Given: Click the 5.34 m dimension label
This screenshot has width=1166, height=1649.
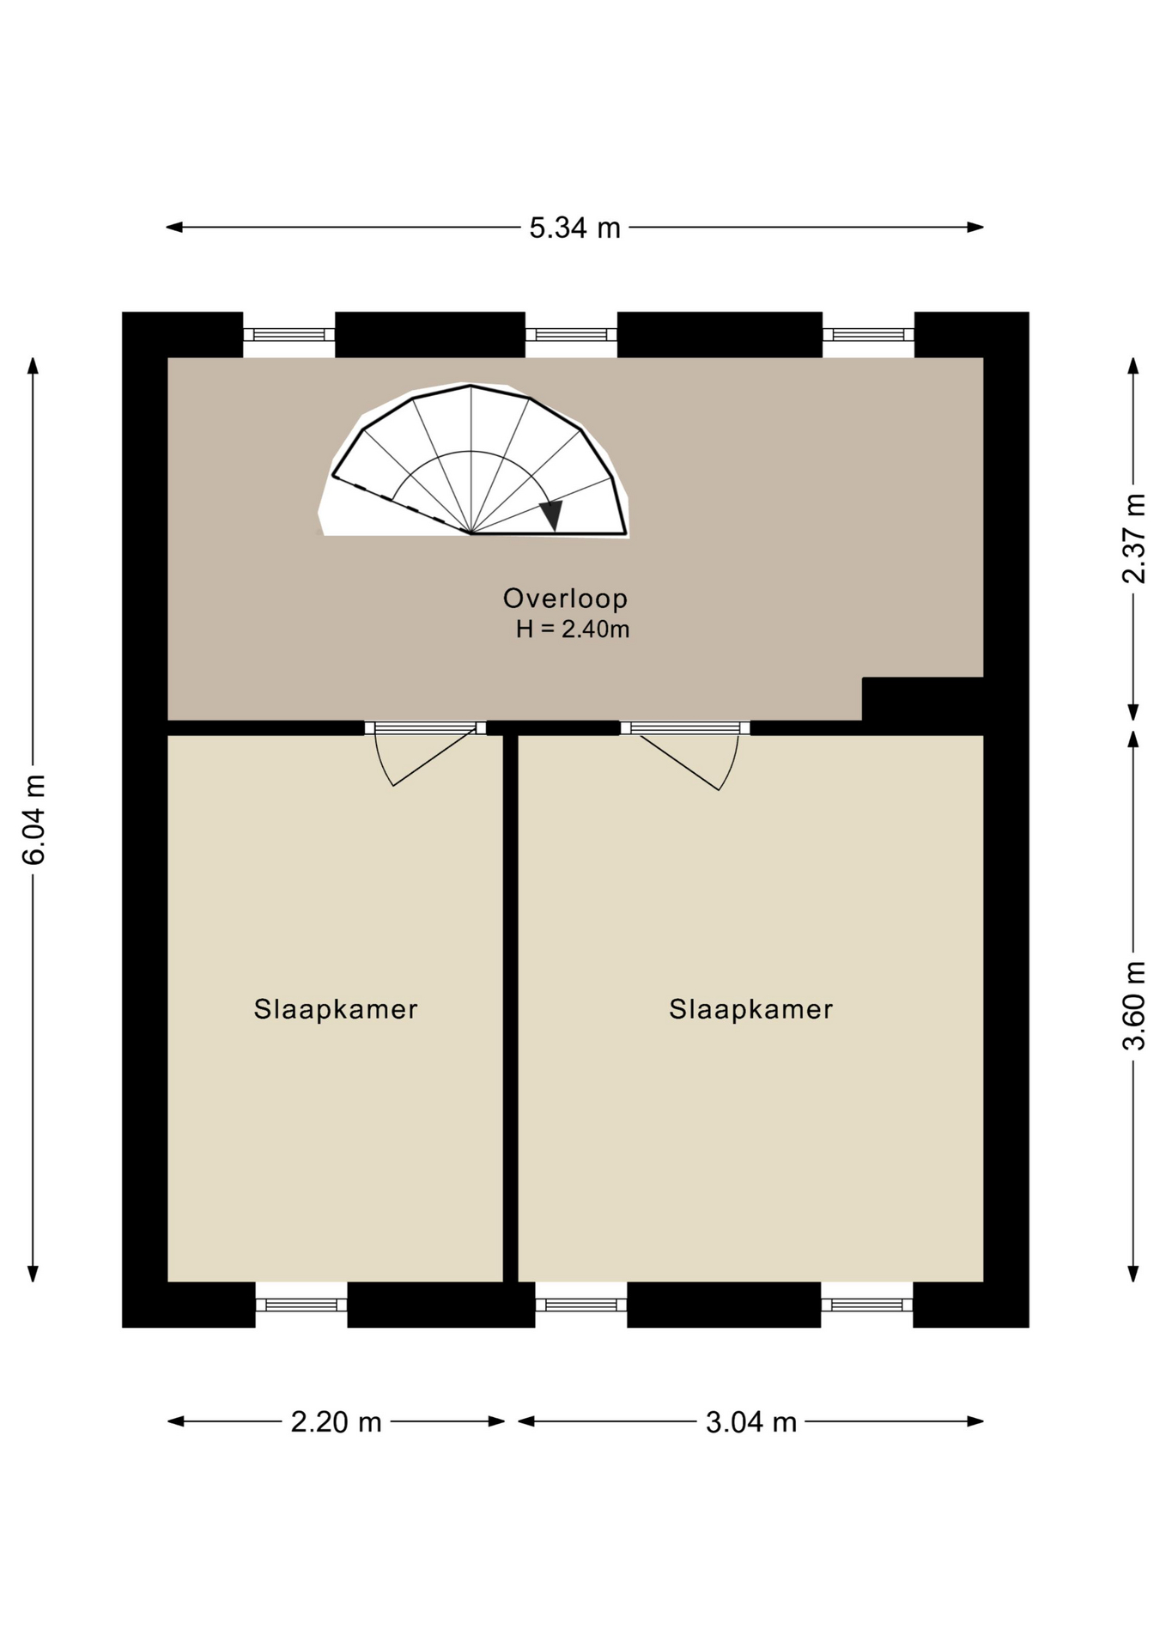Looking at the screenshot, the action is tap(574, 228).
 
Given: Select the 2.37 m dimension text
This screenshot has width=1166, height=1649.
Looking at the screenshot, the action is tap(1133, 539).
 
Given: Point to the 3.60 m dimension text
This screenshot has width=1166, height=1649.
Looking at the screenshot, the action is tap(1133, 1006).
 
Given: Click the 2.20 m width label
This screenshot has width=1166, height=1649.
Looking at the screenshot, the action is tap(336, 1421).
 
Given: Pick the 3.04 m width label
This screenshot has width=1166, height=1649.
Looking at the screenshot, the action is tap(751, 1421).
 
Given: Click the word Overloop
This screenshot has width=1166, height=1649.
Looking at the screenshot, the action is tap(565, 598).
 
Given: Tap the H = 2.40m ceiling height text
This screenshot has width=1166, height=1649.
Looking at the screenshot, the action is tap(573, 630).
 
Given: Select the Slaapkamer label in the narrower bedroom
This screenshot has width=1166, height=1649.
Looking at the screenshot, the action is tap(336, 1008).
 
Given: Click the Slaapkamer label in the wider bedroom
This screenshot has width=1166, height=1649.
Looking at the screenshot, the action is tap(751, 1008).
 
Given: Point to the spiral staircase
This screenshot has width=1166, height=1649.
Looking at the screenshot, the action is tap(474, 460).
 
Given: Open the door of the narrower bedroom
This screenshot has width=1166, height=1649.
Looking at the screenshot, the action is tap(425, 753).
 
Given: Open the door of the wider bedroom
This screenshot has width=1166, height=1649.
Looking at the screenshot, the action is tap(685, 754).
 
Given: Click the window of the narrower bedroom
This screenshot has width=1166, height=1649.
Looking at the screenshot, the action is tap(301, 1305).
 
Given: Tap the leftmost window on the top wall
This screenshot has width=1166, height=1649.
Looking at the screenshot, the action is tap(288, 335).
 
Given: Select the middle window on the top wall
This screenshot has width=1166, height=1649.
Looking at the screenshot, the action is tap(571, 335).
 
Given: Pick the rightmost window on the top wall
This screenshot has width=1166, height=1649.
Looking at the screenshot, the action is tap(868, 335).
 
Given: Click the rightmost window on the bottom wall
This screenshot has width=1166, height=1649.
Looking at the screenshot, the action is tap(867, 1305).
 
